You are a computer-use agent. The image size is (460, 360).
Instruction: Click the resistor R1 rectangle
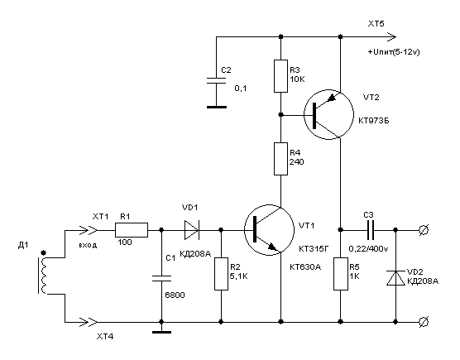tap(132, 230)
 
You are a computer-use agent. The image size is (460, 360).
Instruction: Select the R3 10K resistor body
tap(280, 76)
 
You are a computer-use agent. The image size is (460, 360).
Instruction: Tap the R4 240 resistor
tap(280, 159)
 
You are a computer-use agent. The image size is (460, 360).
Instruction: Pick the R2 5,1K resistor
tap(221, 274)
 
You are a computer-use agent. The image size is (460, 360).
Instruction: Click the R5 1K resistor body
tap(341, 274)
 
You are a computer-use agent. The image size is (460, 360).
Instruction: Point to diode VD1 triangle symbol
tap(192, 230)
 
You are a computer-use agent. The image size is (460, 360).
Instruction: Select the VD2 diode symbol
tap(395, 278)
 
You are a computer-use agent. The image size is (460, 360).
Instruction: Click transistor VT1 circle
tap(269, 230)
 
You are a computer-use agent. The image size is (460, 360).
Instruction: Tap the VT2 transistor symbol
tap(328, 115)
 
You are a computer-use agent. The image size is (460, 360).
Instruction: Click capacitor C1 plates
tap(161, 278)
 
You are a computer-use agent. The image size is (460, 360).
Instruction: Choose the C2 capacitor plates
tap(217, 80)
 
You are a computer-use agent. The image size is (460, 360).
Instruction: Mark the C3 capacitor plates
tap(371, 230)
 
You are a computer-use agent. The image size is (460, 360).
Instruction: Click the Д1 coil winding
tap(44, 276)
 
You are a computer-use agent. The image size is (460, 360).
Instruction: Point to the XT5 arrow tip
tap(396, 37)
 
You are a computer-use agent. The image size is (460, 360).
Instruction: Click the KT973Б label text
tap(374, 121)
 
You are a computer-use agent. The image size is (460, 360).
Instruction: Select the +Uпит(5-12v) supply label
tap(394, 52)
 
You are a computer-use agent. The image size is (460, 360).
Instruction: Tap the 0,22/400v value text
tap(368, 249)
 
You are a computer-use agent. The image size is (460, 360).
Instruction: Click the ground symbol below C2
tap(217, 107)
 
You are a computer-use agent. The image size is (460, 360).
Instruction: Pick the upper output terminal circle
tap(424, 230)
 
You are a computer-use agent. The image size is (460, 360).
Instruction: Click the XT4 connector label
tap(105, 337)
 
